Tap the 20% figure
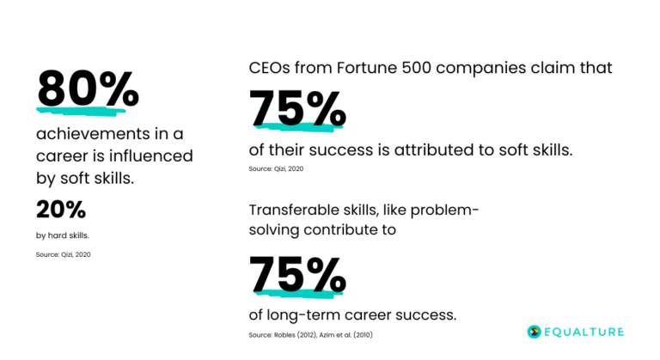coord(61,209)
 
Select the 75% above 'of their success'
coord(297,108)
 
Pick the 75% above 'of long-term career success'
coord(297,274)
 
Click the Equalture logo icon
coord(533,331)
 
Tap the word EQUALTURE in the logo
coord(585,331)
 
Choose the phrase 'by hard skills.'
coord(62,235)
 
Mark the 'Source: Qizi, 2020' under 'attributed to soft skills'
coord(276,168)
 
